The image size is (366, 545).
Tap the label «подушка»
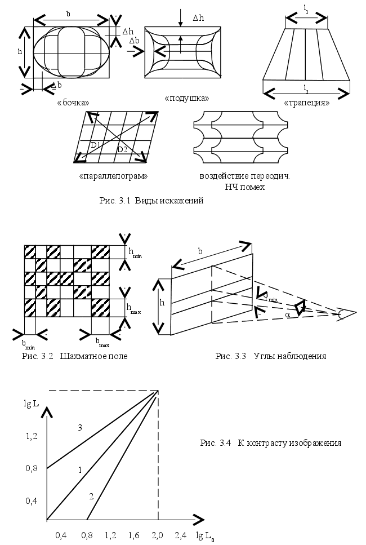pos(186,98)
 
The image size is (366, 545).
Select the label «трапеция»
pos(306,103)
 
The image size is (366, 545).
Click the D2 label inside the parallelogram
pos(122,149)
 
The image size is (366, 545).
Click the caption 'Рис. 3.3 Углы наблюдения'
pos(271,356)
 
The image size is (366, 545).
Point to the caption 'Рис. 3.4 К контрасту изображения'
pos(270,443)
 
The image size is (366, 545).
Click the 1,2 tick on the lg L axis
pos(31,436)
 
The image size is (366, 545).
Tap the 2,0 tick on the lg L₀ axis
pos(157,533)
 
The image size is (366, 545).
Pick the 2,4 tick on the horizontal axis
pos(180,533)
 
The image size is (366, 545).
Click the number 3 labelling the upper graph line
pos(81,428)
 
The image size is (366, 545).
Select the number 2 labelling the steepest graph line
pos(91,496)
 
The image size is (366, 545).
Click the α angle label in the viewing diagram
pos(288,316)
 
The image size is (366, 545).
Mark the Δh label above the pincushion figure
pos(198,18)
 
